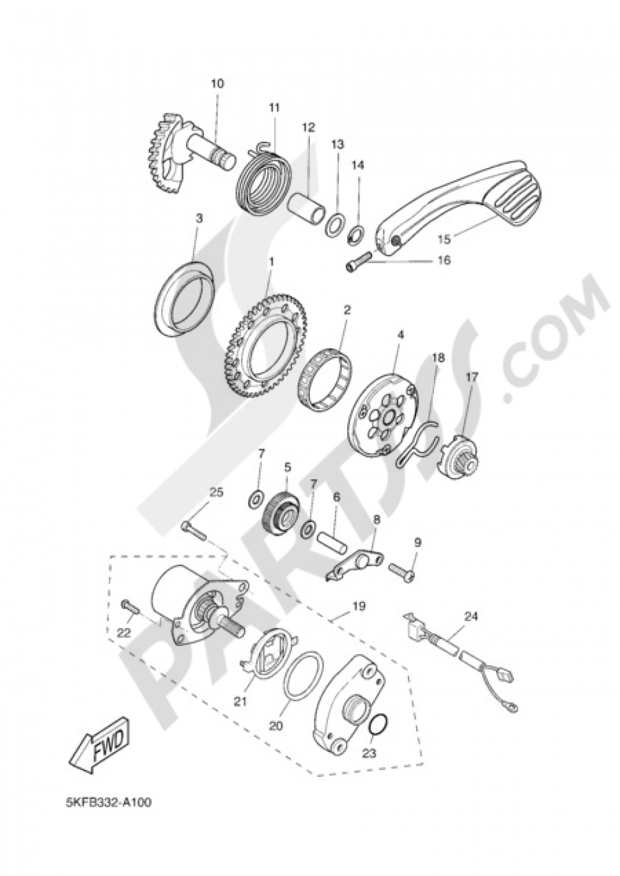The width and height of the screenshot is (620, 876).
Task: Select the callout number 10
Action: (x=218, y=84)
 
